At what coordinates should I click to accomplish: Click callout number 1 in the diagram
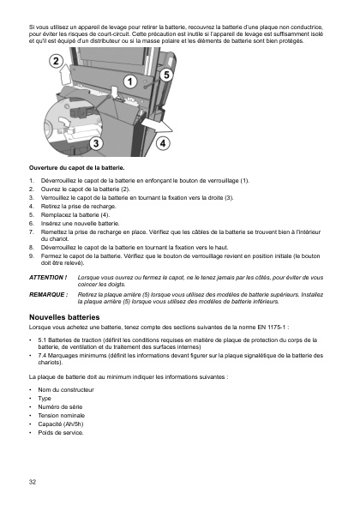pos(131,81)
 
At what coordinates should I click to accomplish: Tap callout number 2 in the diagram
pos(54,62)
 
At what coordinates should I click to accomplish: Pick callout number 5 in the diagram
pos(166,75)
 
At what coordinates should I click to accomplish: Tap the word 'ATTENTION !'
pos(47,279)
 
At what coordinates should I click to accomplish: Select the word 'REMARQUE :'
pos(48,294)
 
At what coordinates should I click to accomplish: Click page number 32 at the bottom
pos(33,482)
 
